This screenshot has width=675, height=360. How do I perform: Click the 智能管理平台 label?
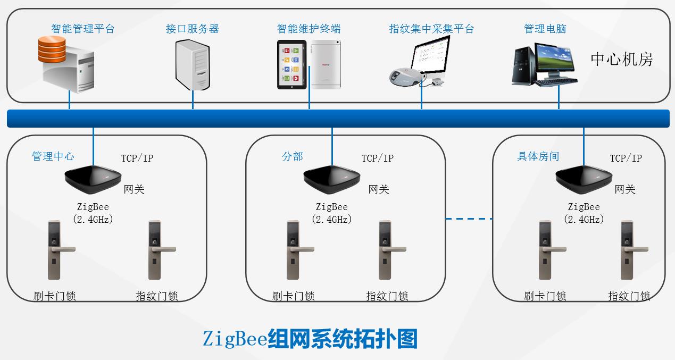82,29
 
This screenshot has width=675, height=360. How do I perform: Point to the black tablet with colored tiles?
292,64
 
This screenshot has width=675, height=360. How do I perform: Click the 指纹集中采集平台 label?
431,29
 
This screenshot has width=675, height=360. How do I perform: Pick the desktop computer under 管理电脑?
544,65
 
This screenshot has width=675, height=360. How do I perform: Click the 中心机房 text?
621,59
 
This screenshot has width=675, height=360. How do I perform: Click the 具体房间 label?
538,156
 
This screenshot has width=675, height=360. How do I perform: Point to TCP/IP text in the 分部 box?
377,158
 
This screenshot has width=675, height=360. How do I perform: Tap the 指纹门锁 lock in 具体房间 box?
629,249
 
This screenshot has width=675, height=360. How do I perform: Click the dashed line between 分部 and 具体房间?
469,219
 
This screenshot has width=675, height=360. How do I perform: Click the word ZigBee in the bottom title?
234,339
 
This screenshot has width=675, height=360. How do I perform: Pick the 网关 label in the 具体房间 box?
624,189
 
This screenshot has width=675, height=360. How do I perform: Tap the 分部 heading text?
292,156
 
